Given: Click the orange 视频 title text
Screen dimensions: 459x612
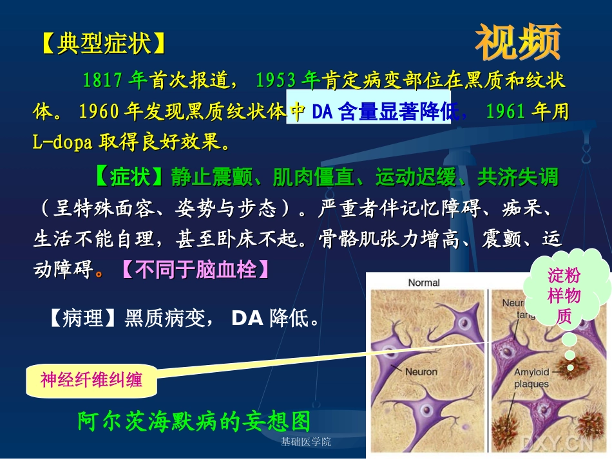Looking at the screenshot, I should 518,43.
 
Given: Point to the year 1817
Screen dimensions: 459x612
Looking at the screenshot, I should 102,80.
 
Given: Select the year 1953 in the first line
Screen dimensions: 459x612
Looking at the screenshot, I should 276,80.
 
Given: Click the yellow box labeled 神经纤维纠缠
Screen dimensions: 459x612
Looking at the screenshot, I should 91,380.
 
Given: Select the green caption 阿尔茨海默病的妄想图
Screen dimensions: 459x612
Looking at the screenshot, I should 194,421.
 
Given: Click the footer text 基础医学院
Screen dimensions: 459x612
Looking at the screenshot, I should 306,442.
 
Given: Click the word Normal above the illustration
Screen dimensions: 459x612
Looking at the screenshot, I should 424,282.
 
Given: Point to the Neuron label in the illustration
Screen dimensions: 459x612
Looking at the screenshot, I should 421,372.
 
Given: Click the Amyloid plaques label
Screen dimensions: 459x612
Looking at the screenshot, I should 531,379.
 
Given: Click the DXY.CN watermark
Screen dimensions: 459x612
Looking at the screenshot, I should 557,443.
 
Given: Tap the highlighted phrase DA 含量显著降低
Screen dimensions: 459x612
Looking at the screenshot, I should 377,112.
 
